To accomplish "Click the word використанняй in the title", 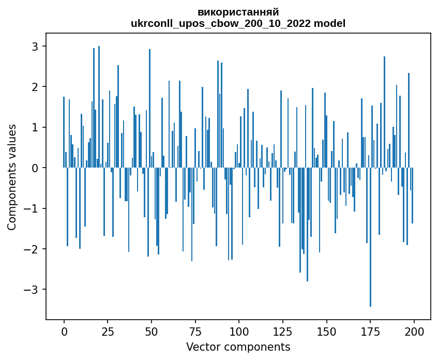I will tap(238, 12).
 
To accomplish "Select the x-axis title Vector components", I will tap(238, 347).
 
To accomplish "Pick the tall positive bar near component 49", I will tap(149, 109).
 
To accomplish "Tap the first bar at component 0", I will tap(64, 132).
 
